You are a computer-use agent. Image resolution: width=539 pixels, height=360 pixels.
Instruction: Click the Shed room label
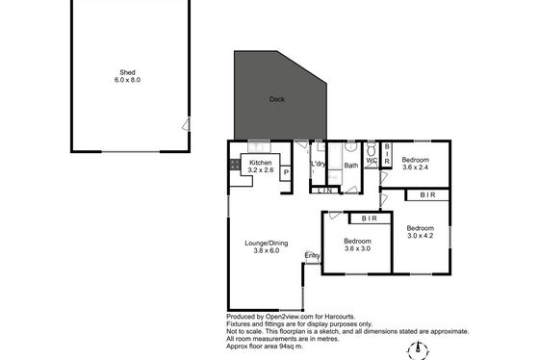[127, 72]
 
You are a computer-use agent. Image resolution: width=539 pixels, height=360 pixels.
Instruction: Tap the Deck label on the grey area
[277, 99]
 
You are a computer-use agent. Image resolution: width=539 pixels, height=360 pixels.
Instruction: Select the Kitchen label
[260, 163]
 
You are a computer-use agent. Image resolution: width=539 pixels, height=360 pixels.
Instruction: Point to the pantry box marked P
[286, 173]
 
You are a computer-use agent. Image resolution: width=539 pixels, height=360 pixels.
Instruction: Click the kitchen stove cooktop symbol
[235, 165]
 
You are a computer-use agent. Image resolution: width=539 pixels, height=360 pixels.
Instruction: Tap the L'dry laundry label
[318, 164]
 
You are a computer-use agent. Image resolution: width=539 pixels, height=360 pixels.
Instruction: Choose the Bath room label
[351, 166]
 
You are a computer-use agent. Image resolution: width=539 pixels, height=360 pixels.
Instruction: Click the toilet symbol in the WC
[371, 150]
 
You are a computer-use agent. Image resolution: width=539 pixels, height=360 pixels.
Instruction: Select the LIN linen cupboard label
[325, 191]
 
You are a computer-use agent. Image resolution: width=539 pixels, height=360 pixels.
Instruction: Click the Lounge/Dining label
[267, 244]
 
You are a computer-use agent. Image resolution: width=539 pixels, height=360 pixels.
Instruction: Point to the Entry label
[312, 255]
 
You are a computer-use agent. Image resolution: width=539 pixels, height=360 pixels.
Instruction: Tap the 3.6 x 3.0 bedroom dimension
[357, 248]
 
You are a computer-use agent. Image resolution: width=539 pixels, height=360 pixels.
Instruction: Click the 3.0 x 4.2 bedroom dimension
[420, 236]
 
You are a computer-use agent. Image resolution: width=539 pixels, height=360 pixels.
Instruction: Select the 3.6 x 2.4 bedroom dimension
[415, 167]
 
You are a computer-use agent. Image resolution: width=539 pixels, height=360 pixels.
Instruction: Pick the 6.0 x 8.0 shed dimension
[127, 80]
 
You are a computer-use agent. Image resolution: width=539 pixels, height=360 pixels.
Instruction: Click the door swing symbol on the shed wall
[186, 124]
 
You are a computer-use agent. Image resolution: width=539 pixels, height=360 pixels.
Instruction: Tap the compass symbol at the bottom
[418, 350]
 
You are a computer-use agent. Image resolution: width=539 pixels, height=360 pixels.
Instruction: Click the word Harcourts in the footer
[341, 317]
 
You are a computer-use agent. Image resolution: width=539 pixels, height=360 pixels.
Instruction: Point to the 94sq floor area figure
[287, 347]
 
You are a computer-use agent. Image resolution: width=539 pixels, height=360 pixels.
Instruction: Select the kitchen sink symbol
[259, 147]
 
